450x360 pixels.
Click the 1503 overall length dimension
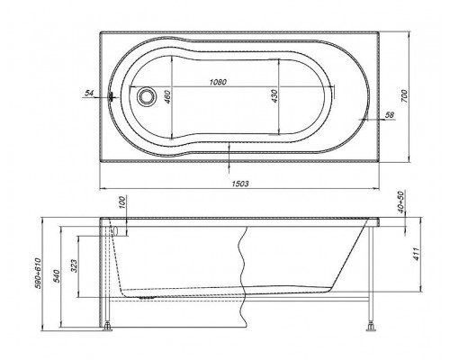click(x=240, y=184)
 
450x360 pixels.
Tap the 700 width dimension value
click(x=405, y=96)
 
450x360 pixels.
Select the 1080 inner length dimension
click(x=218, y=82)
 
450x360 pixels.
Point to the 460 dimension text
click(x=167, y=96)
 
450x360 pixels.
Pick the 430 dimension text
click(x=274, y=96)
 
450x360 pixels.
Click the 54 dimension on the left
click(x=89, y=94)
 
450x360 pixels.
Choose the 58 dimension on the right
click(x=390, y=114)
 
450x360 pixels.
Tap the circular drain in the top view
click(x=147, y=96)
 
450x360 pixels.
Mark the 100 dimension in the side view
click(x=122, y=203)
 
